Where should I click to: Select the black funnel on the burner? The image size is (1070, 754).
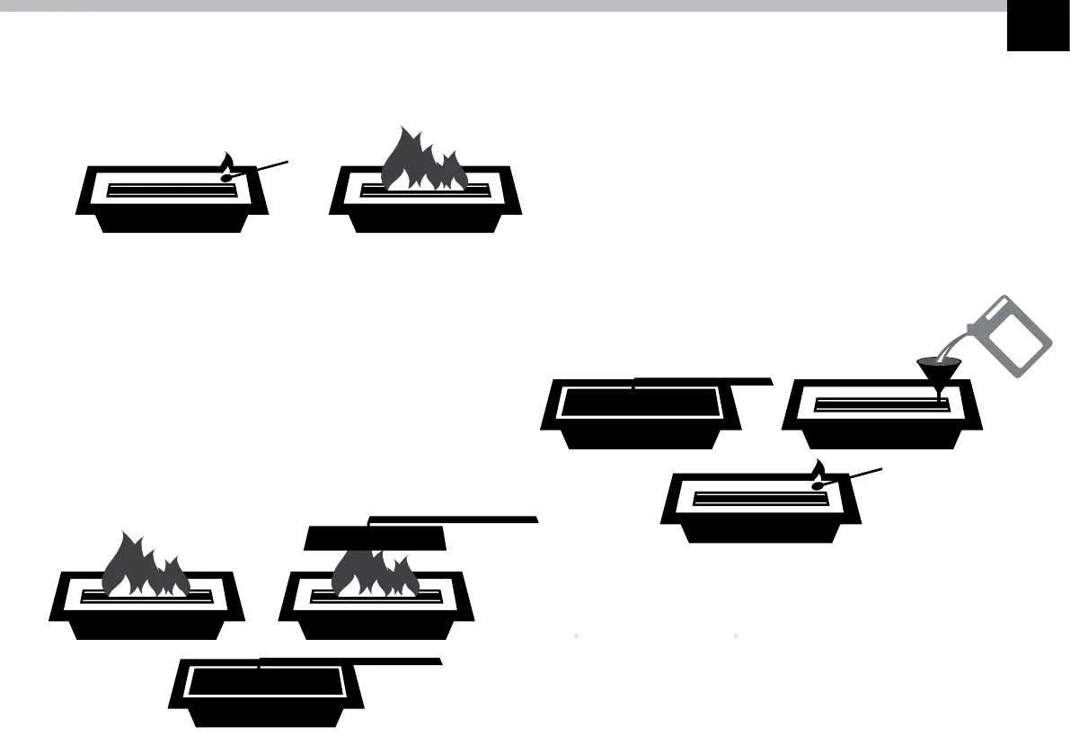939,369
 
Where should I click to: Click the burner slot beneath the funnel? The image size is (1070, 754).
880,404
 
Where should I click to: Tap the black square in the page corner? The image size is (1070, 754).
1038,26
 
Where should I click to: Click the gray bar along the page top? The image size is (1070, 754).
503,5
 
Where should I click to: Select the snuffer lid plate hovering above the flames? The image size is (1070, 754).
376,538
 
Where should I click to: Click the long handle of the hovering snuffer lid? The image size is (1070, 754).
454,519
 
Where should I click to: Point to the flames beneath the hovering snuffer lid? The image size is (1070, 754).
375,574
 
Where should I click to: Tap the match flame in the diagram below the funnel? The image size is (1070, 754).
818,468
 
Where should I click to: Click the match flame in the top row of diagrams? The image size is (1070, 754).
227,162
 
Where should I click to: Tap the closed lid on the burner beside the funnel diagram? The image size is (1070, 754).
640,404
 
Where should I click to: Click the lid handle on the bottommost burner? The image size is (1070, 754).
350,661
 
